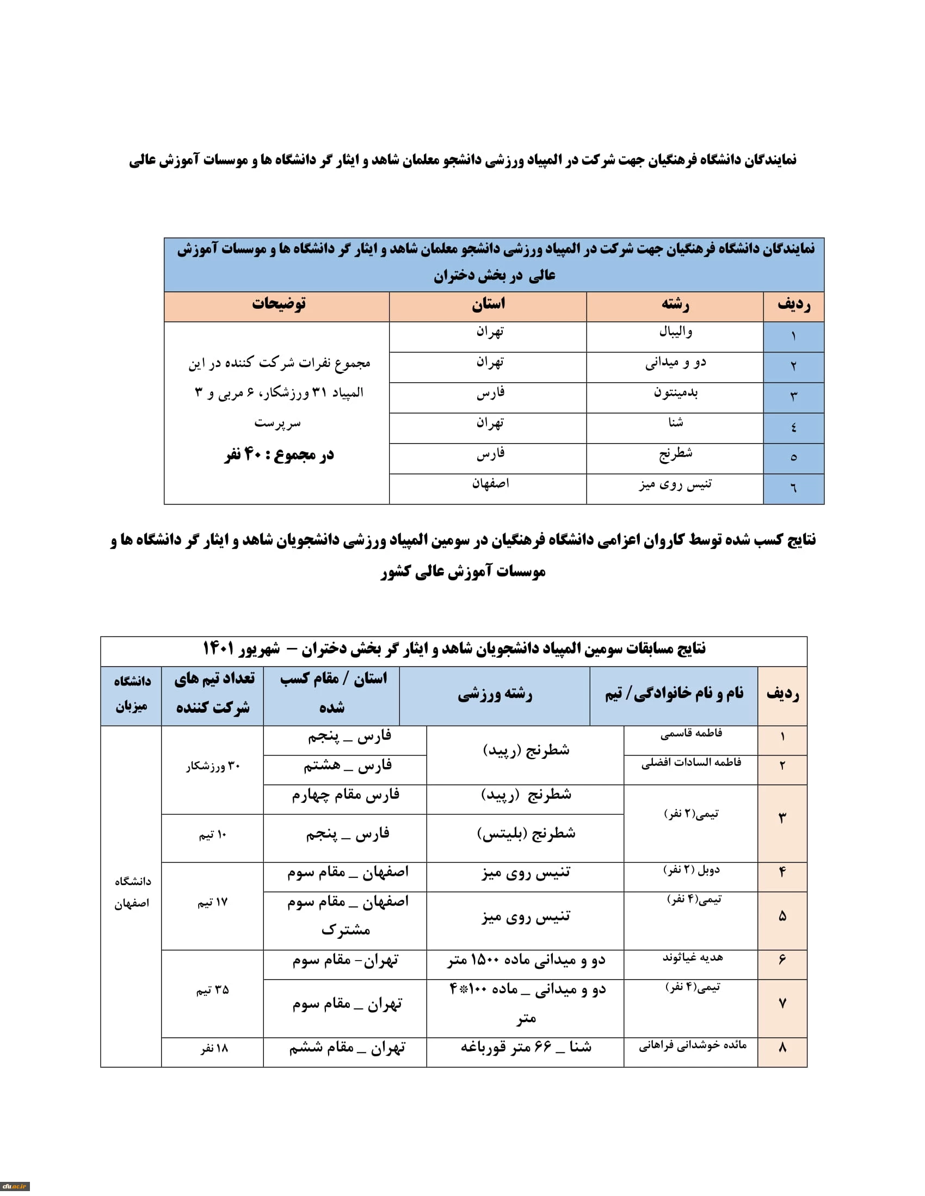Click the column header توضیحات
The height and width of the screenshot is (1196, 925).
pyautogui.click(x=279, y=304)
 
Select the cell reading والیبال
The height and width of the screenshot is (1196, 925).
pyautogui.click(x=675, y=332)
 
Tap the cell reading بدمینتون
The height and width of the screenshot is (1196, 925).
pyautogui.click(x=675, y=393)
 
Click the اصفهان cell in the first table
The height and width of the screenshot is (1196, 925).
pyautogui.click(x=490, y=483)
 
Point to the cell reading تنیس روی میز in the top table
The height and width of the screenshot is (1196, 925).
pyautogui.click(x=675, y=484)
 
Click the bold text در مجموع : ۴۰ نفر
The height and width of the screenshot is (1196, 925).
pyautogui.click(x=279, y=454)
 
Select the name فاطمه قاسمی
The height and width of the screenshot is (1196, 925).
pyautogui.click(x=690, y=733)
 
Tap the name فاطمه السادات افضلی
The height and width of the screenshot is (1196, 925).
pyautogui.click(x=690, y=762)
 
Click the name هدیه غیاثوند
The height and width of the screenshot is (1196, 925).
pyautogui.click(x=692, y=957)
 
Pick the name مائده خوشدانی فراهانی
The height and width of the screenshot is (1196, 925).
pyautogui.click(x=692, y=1045)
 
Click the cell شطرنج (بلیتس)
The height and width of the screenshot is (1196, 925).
pyautogui.click(x=526, y=833)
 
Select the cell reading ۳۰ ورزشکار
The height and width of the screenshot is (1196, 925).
pyautogui.click(x=213, y=766)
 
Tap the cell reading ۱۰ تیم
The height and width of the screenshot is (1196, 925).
pyautogui.click(x=213, y=834)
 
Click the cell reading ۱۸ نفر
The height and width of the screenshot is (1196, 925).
pyautogui.click(x=213, y=1048)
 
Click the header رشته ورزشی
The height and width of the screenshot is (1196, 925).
pyautogui.click(x=495, y=694)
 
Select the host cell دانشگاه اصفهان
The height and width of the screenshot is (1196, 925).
pyautogui.click(x=132, y=892)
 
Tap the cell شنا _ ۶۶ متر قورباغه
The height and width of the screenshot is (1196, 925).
pyautogui.click(x=526, y=1047)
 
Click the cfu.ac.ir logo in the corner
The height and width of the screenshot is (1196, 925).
pyautogui.click(x=14, y=1186)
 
